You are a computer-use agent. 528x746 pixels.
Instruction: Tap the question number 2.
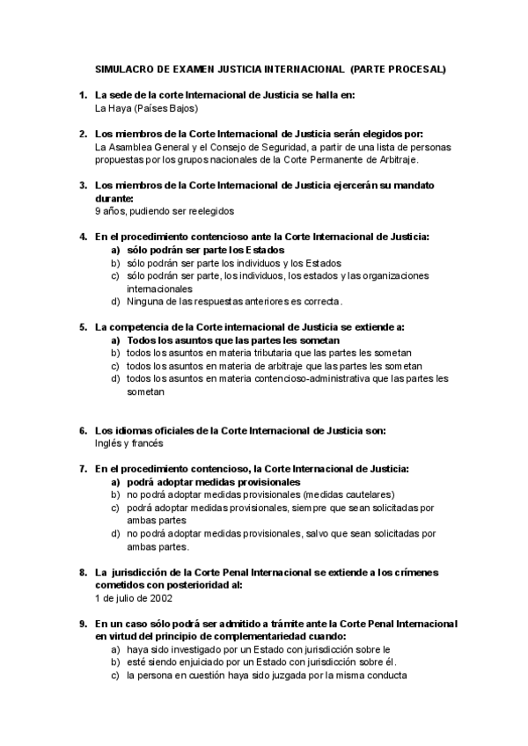click(x=82, y=134)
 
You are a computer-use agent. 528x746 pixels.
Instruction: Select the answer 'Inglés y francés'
click(x=129, y=443)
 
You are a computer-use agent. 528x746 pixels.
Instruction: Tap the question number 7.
click(x=82, y=469)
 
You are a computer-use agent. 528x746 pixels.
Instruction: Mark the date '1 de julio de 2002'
click(x=134, y=597)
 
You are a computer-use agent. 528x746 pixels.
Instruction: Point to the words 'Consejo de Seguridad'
click(x=246, y=147)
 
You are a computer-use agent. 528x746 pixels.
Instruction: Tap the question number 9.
click(x=82, y=623)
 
